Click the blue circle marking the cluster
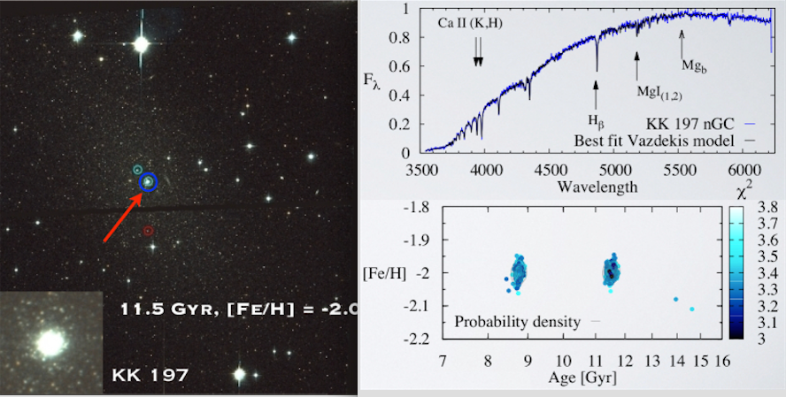click(x=148, y=182)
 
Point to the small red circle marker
click(x=148, y=231)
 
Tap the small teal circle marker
click(x=137, y=169)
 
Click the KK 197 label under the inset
click(x=150, y=375)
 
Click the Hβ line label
click(x=597, y=118)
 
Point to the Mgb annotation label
click(x=692, y=65)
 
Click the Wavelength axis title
click(x=597, y=187)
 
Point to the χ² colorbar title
click(x=744, y=192)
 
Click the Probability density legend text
click(x=518, y=321)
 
